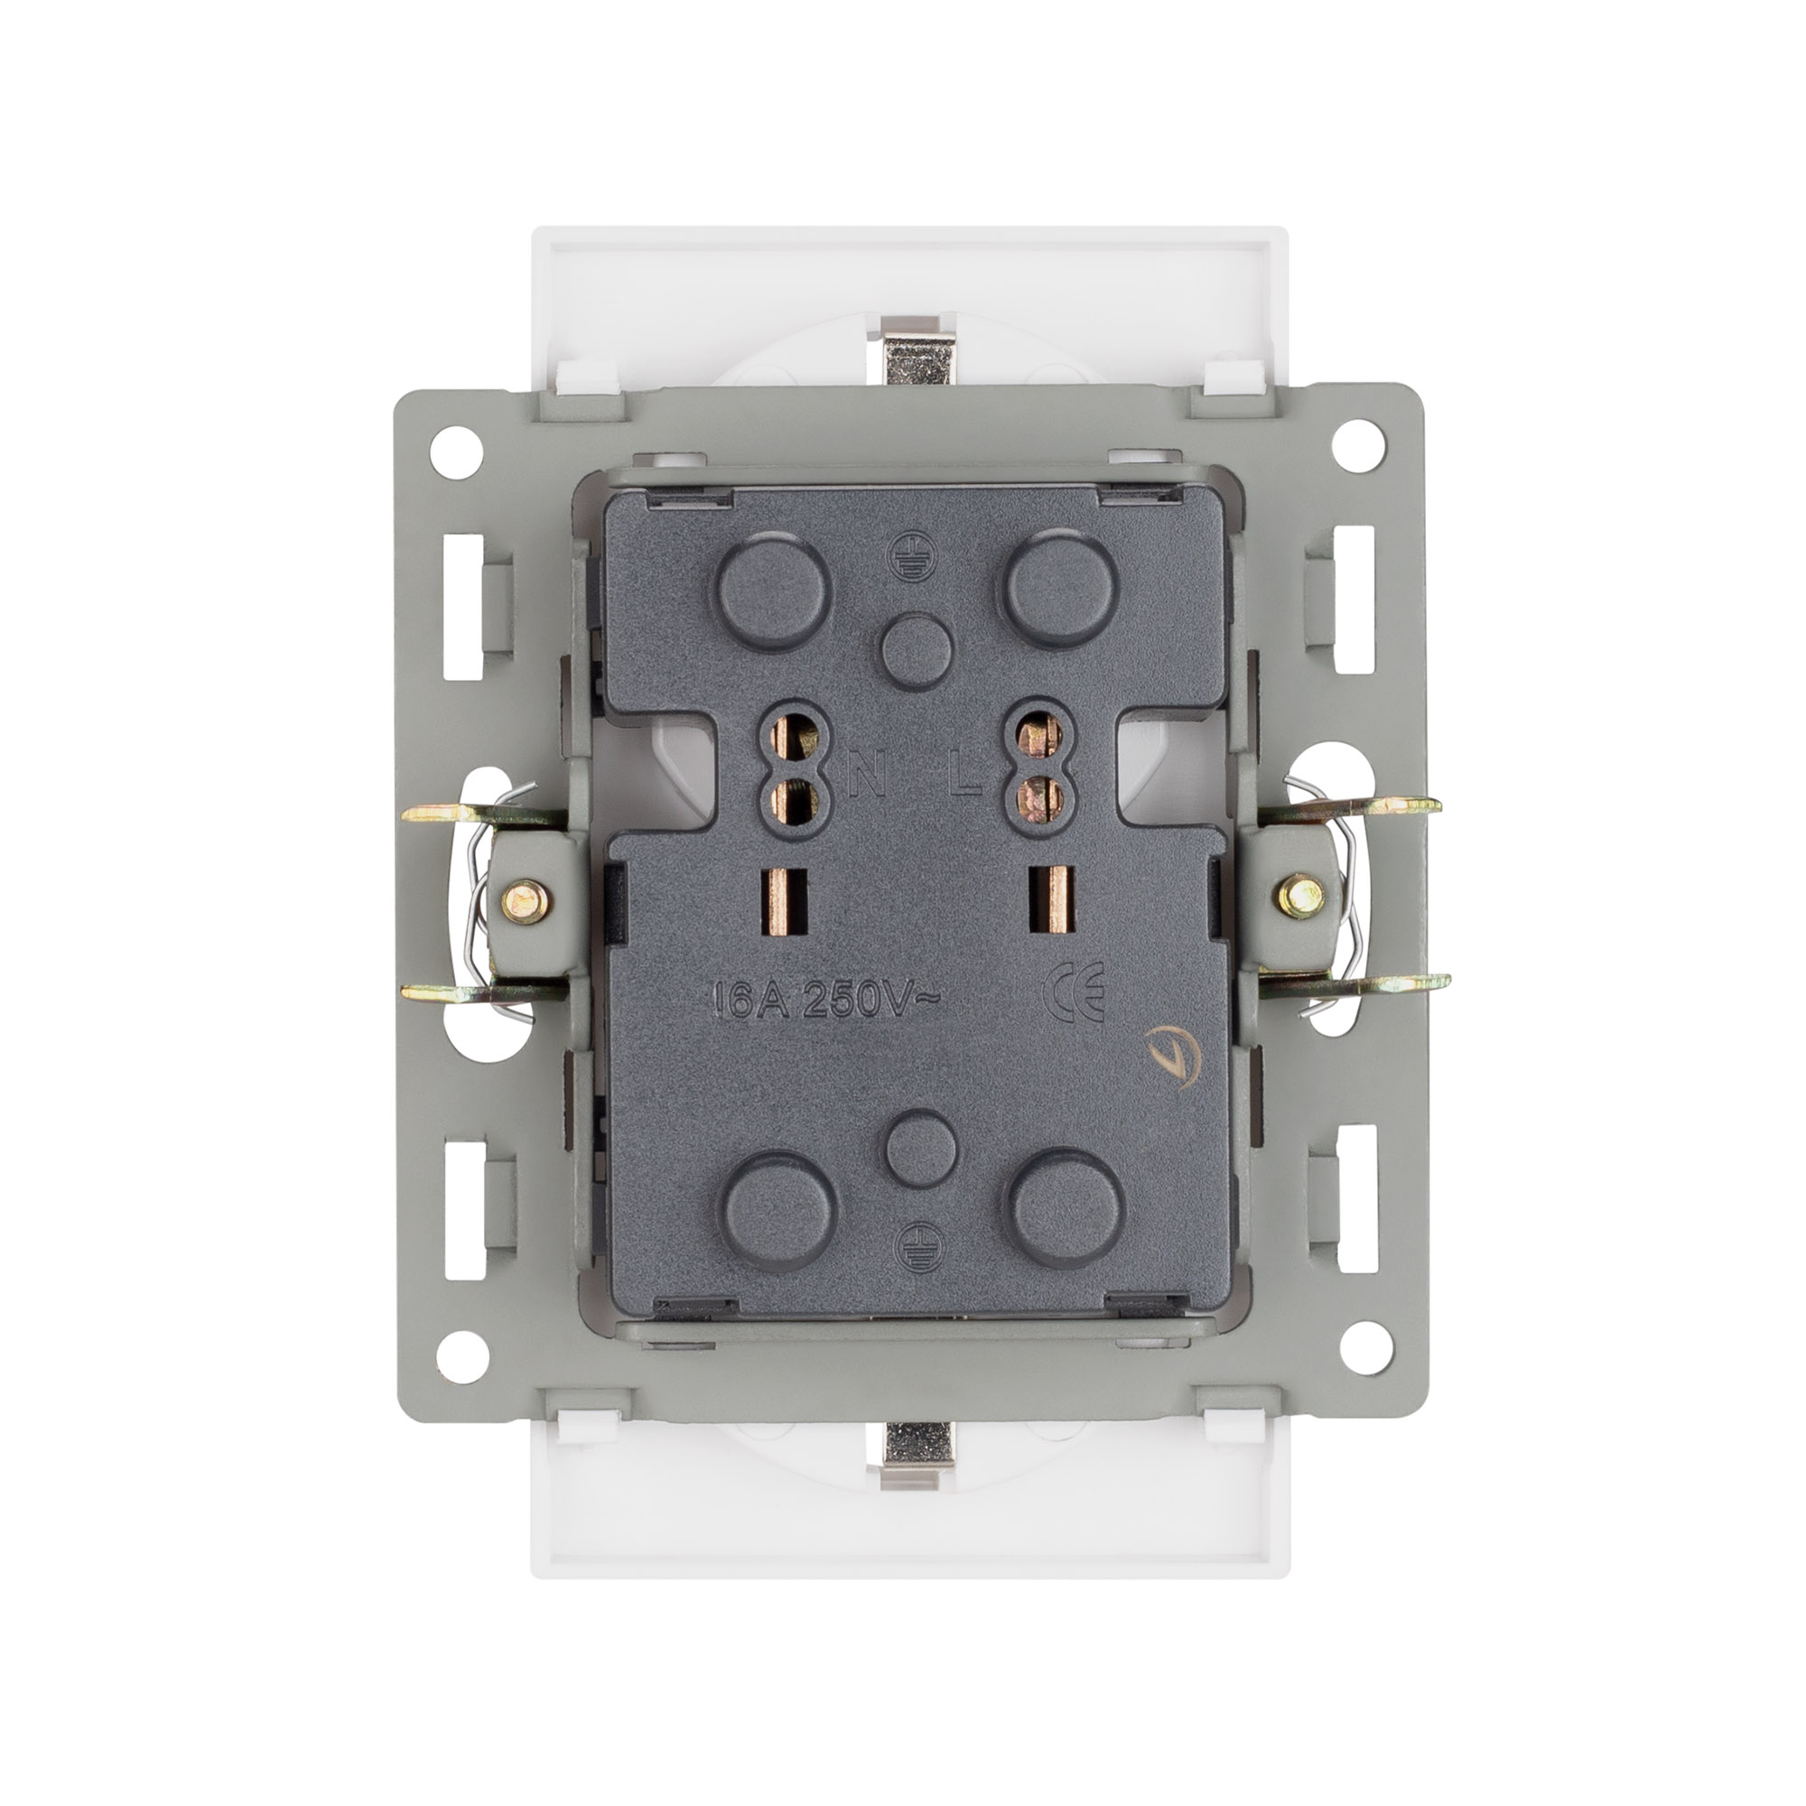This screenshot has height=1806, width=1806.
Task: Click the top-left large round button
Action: click(775, 590)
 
